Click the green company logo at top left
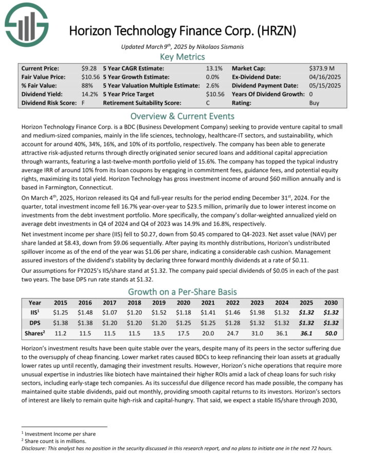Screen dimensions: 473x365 click(26, 26)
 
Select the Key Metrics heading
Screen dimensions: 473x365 click(182, 57)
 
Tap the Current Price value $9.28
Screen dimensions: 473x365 click(89, 68)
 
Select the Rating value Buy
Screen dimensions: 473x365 click(314, 103)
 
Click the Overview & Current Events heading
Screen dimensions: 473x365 click(182, 116)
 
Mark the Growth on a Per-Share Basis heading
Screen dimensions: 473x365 click(182, 291)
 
